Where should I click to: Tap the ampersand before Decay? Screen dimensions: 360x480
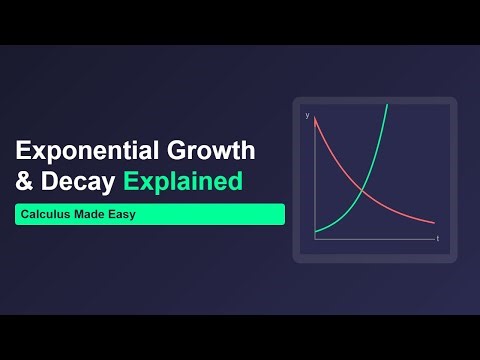click(x=24, y=183)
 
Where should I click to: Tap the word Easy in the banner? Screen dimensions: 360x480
click(x=124, y=214)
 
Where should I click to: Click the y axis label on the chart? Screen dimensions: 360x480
click(x=307, y=116)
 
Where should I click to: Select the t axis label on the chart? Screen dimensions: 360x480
click(x=437, y=240)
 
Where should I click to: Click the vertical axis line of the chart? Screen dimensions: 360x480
click(x=314, y=180)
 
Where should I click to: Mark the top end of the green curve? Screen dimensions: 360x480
click(x=386, y=105)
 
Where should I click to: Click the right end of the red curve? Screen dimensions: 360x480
click(x=434, y=223)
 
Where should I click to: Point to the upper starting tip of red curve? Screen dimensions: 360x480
click(x=315, y=120)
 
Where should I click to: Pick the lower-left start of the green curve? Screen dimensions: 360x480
click(x=315, y=233)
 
